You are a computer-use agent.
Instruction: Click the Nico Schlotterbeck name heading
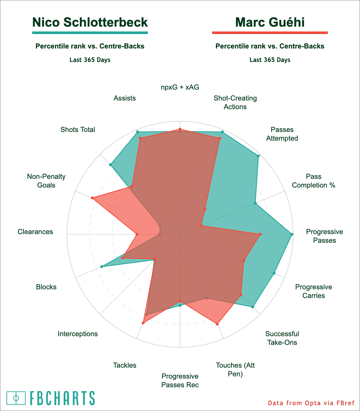pyautogui.click(x=90, y=22)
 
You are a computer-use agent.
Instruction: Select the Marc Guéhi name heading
pyautogui.click(x=270, y=22)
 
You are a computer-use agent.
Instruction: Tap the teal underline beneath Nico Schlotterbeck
pyautogui.click(x=90, y=32)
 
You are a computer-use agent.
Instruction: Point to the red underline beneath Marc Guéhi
pyautogui.click(x=270, y=32)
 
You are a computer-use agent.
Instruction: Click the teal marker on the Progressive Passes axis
pyautogui.click(x=292, y=234)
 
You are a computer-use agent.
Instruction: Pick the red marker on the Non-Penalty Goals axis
pyautogui.click(x=92, y=198)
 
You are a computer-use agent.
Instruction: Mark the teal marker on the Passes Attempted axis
pyautogui.click(x=258, y=156)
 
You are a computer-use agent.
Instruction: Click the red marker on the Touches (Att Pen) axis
pyautogui.click(x=217, y=324)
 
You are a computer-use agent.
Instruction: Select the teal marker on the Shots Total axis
pyautogui.click(x=111, y=165)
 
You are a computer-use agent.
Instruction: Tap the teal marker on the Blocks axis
pyautogui.click(x=102, y=267)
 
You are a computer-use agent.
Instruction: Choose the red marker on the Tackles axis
pyautogui.click(x=143, y=323)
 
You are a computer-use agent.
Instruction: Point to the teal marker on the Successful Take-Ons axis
pyautogui.click(x=253, y=307)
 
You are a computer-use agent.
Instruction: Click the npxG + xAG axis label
pyautogui.click(x=180, y=87)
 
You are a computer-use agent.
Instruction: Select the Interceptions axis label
pyautogui.click(x=78, y=334)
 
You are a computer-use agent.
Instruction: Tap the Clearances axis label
pyautogui.click(x=35, y=232)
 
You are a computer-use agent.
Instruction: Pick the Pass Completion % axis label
pyautogui.click(x=314, y=181)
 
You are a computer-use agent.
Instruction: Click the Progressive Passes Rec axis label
pyautogui.click(x=180, y=380)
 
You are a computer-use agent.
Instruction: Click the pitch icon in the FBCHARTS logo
pyautogui.click(x=16, y=398)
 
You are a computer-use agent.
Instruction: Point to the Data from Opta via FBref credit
pyautogui.click(x=311, y=403)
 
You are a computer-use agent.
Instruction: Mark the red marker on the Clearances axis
pyautogui.click(x=137, y=234)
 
